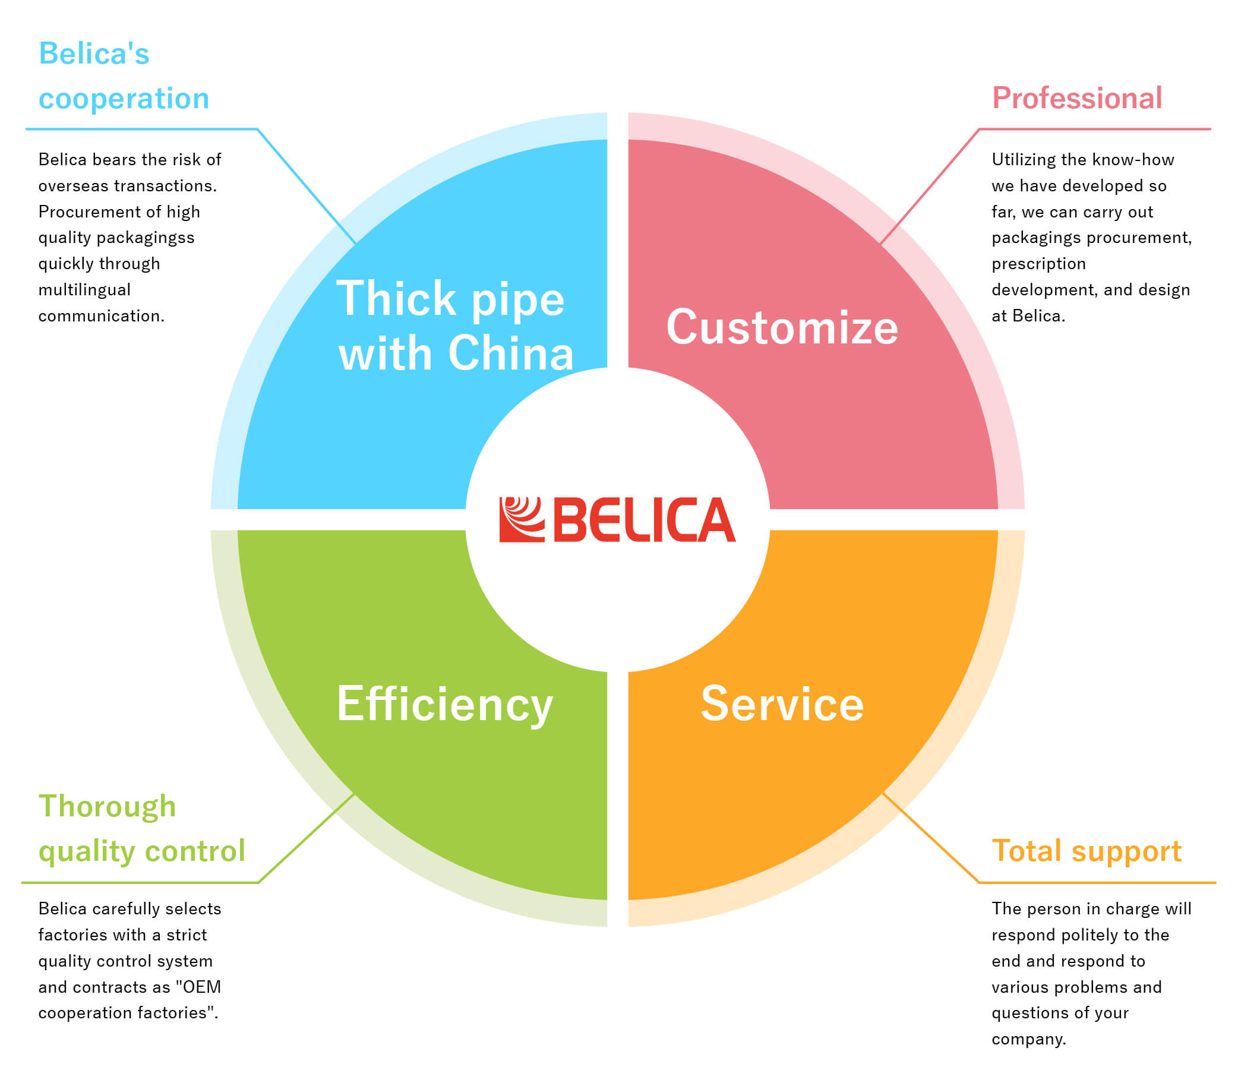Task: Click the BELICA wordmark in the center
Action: point(645,520)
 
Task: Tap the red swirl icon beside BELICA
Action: point(521,520)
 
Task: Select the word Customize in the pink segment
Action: point(781,328)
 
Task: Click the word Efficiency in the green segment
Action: point(444,705)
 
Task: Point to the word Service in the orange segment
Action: point(781,705)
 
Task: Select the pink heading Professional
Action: point(1077,98)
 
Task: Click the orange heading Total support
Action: point(1087,851)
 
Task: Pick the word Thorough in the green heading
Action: point(107,806)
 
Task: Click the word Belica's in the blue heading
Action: point(94,54)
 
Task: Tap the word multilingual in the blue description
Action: point(84,290)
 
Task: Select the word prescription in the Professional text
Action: point(1038,264)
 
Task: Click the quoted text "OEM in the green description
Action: point(198,987)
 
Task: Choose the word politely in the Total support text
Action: point(1089,935)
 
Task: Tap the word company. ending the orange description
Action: point(1028,1039)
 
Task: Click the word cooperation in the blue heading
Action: point(124,99)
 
